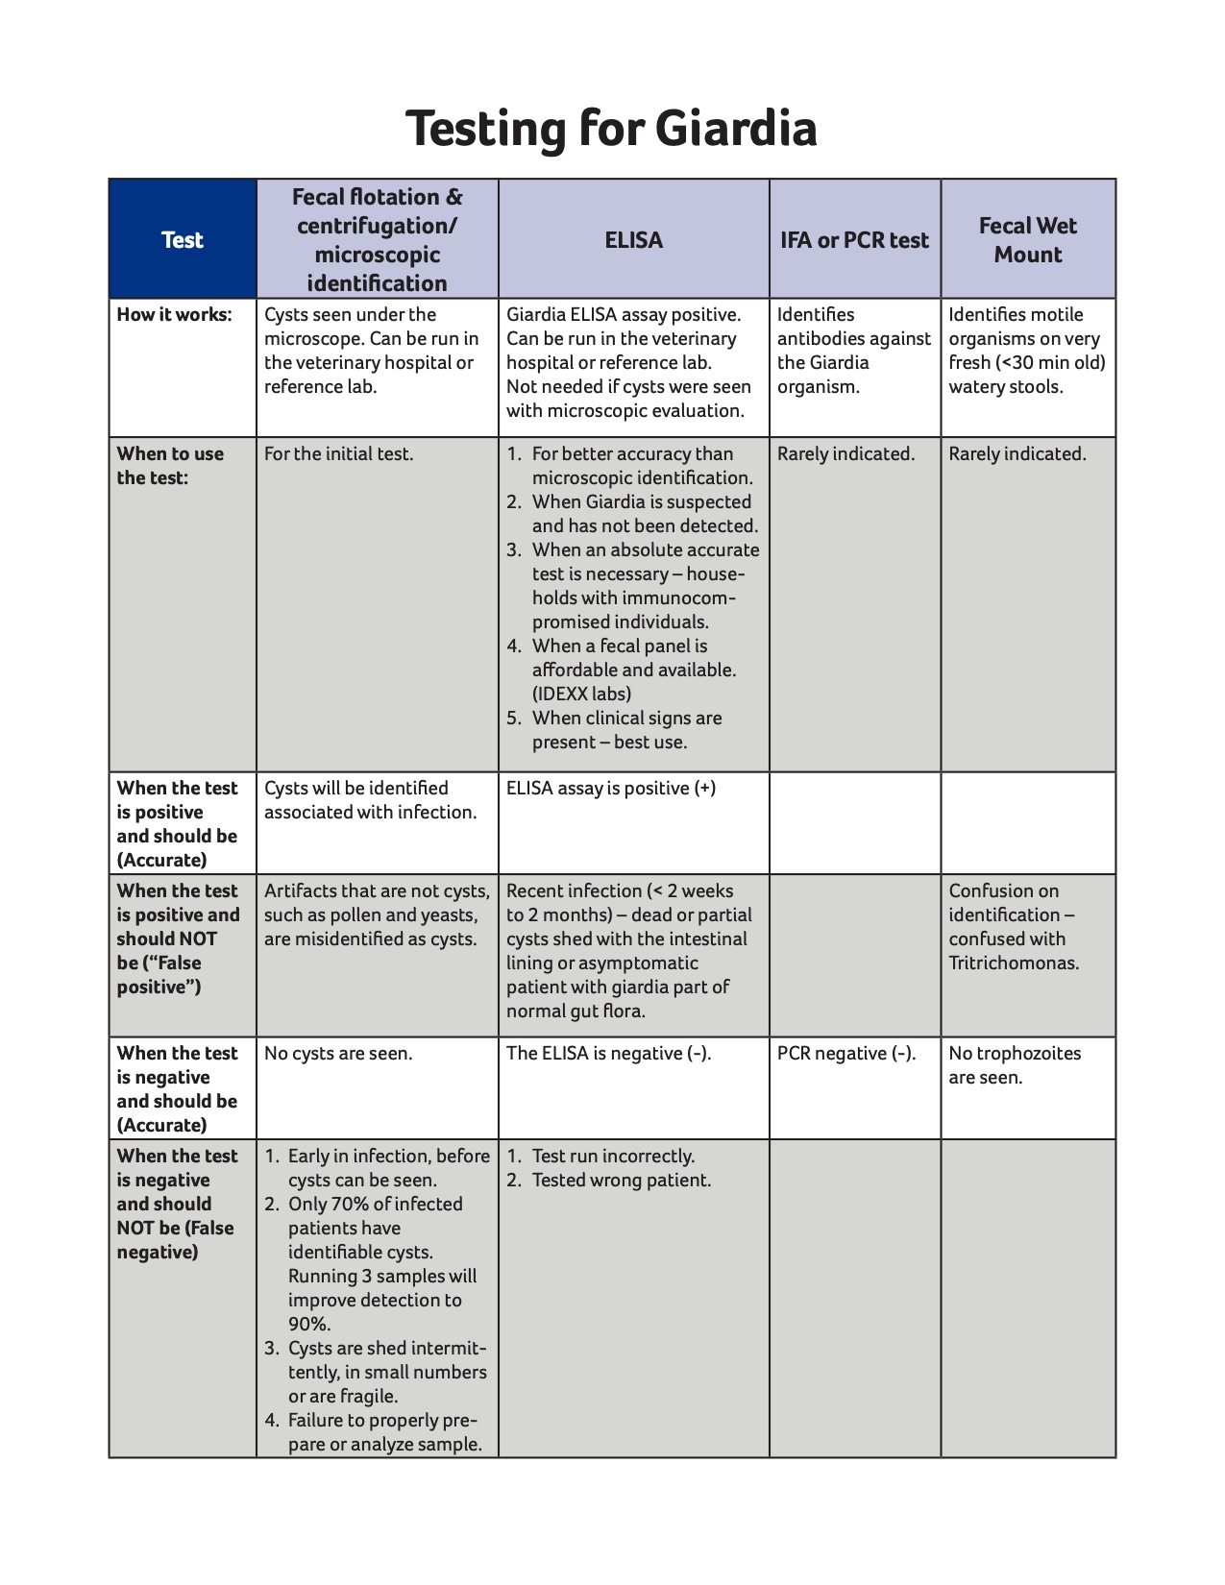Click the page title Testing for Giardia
tap(611, 129)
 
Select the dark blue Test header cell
tap(183, 239)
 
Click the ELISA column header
tap(633, 239)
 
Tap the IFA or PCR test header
tap(854, 239)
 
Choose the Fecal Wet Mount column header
tap(1027, 239)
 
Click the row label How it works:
tap(174, 314)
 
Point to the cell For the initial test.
tap(338, 453)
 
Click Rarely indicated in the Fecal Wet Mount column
tap(1017, 453)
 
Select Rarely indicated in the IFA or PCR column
tap(845, 453)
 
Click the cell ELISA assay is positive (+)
tap(610, 788)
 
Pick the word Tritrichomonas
tap(1013, 963)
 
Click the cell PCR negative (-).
tap(845, 1053)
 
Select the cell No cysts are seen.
tap(338, 1053)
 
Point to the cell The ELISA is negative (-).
tap(608, 1053)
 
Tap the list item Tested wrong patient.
tap(621, 1180)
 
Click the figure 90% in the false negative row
tap(308, 1324)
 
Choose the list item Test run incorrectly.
tap(613, 1156)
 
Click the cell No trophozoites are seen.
tap(1014, 1064)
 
